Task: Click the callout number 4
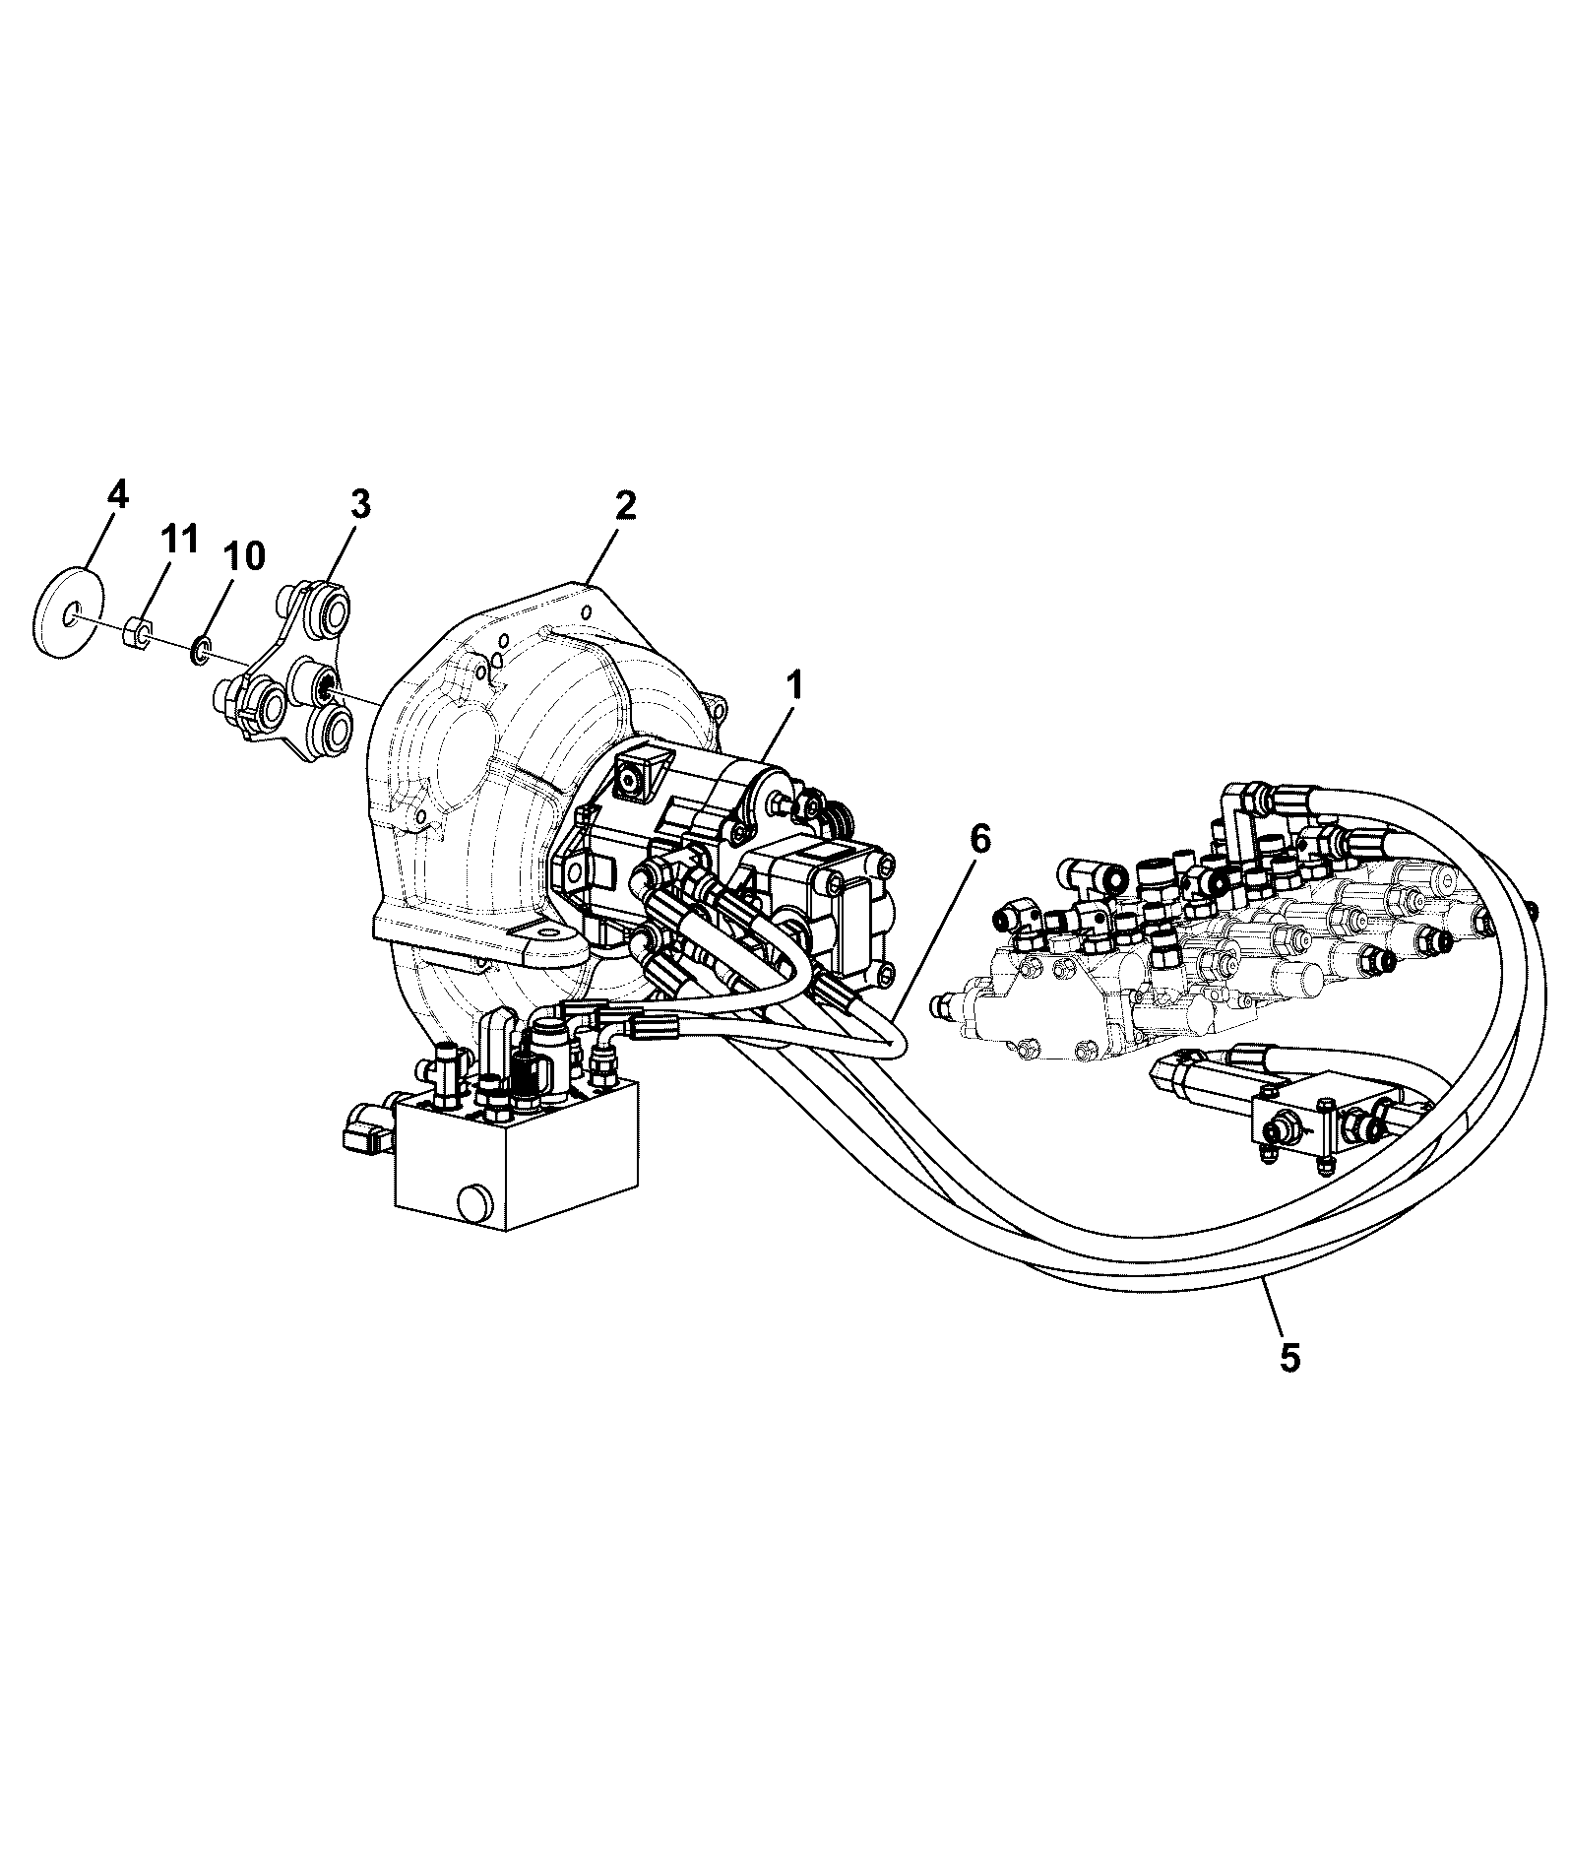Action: tap(117, 493)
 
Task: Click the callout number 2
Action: tap(625, 505)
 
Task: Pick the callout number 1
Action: tap(794, 684)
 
